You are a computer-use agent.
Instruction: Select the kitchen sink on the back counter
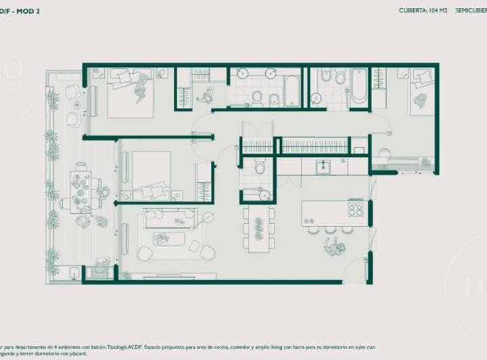(324, 166)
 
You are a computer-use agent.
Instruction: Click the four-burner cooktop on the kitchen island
(356, 208)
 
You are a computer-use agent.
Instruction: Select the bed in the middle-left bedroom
(150, 173)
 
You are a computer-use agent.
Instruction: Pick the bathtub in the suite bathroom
(358, 87)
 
